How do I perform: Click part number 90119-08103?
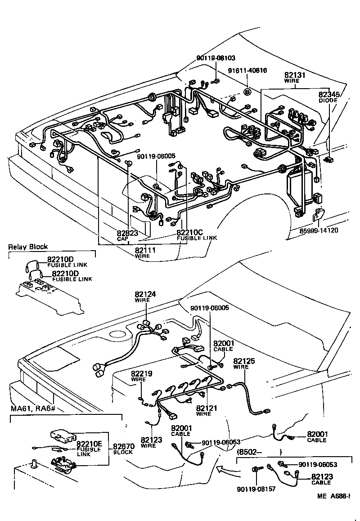coord(216,58)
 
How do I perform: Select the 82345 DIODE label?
coord(328,97)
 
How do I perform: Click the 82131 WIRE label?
coord(295,77)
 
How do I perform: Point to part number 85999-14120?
coord(319,231)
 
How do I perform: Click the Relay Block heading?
coord(28,247)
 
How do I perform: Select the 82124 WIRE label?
coord(145,296)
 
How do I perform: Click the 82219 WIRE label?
coord(141,376)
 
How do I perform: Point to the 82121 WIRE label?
coord(207,410)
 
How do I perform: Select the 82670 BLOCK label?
coord(122,449)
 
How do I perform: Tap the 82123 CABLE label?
coord(320,479)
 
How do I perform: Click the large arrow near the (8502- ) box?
coord(225,470)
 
